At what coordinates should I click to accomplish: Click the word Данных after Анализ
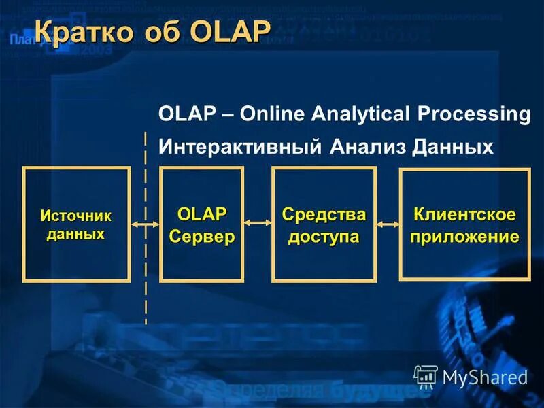(452, 147)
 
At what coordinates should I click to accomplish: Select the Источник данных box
(76, 224)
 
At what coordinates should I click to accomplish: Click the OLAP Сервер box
(201, 224)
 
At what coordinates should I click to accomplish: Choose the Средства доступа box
(324, 224)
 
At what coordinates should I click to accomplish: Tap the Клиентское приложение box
(464, 224)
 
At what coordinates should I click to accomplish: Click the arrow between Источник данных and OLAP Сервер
(145, 224)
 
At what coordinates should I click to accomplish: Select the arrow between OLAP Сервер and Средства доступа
(257, 223)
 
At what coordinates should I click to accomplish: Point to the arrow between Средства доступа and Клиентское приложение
(388, 223)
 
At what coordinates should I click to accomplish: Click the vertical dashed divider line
(146, 286)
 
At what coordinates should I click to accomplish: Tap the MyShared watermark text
(485, 377)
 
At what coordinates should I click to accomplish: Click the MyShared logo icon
(426, 376)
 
